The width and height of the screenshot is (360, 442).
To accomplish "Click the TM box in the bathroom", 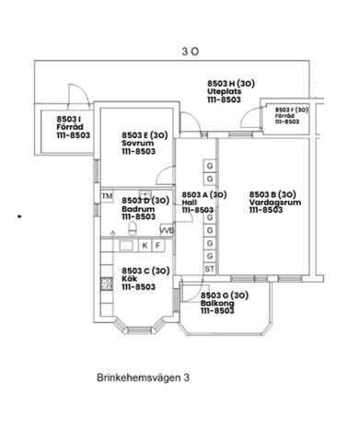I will coord(107,196).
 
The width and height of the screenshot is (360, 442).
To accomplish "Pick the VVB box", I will coord(167,230).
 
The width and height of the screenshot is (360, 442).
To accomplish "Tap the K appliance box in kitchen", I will coord(145,246).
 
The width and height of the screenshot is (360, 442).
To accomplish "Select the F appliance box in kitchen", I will coord(158,246).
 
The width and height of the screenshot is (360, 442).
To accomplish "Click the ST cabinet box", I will coord(210,269).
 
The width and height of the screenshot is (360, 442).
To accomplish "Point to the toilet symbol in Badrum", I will coord(134,228).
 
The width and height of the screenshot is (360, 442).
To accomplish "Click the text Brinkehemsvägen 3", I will coord(143,377).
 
